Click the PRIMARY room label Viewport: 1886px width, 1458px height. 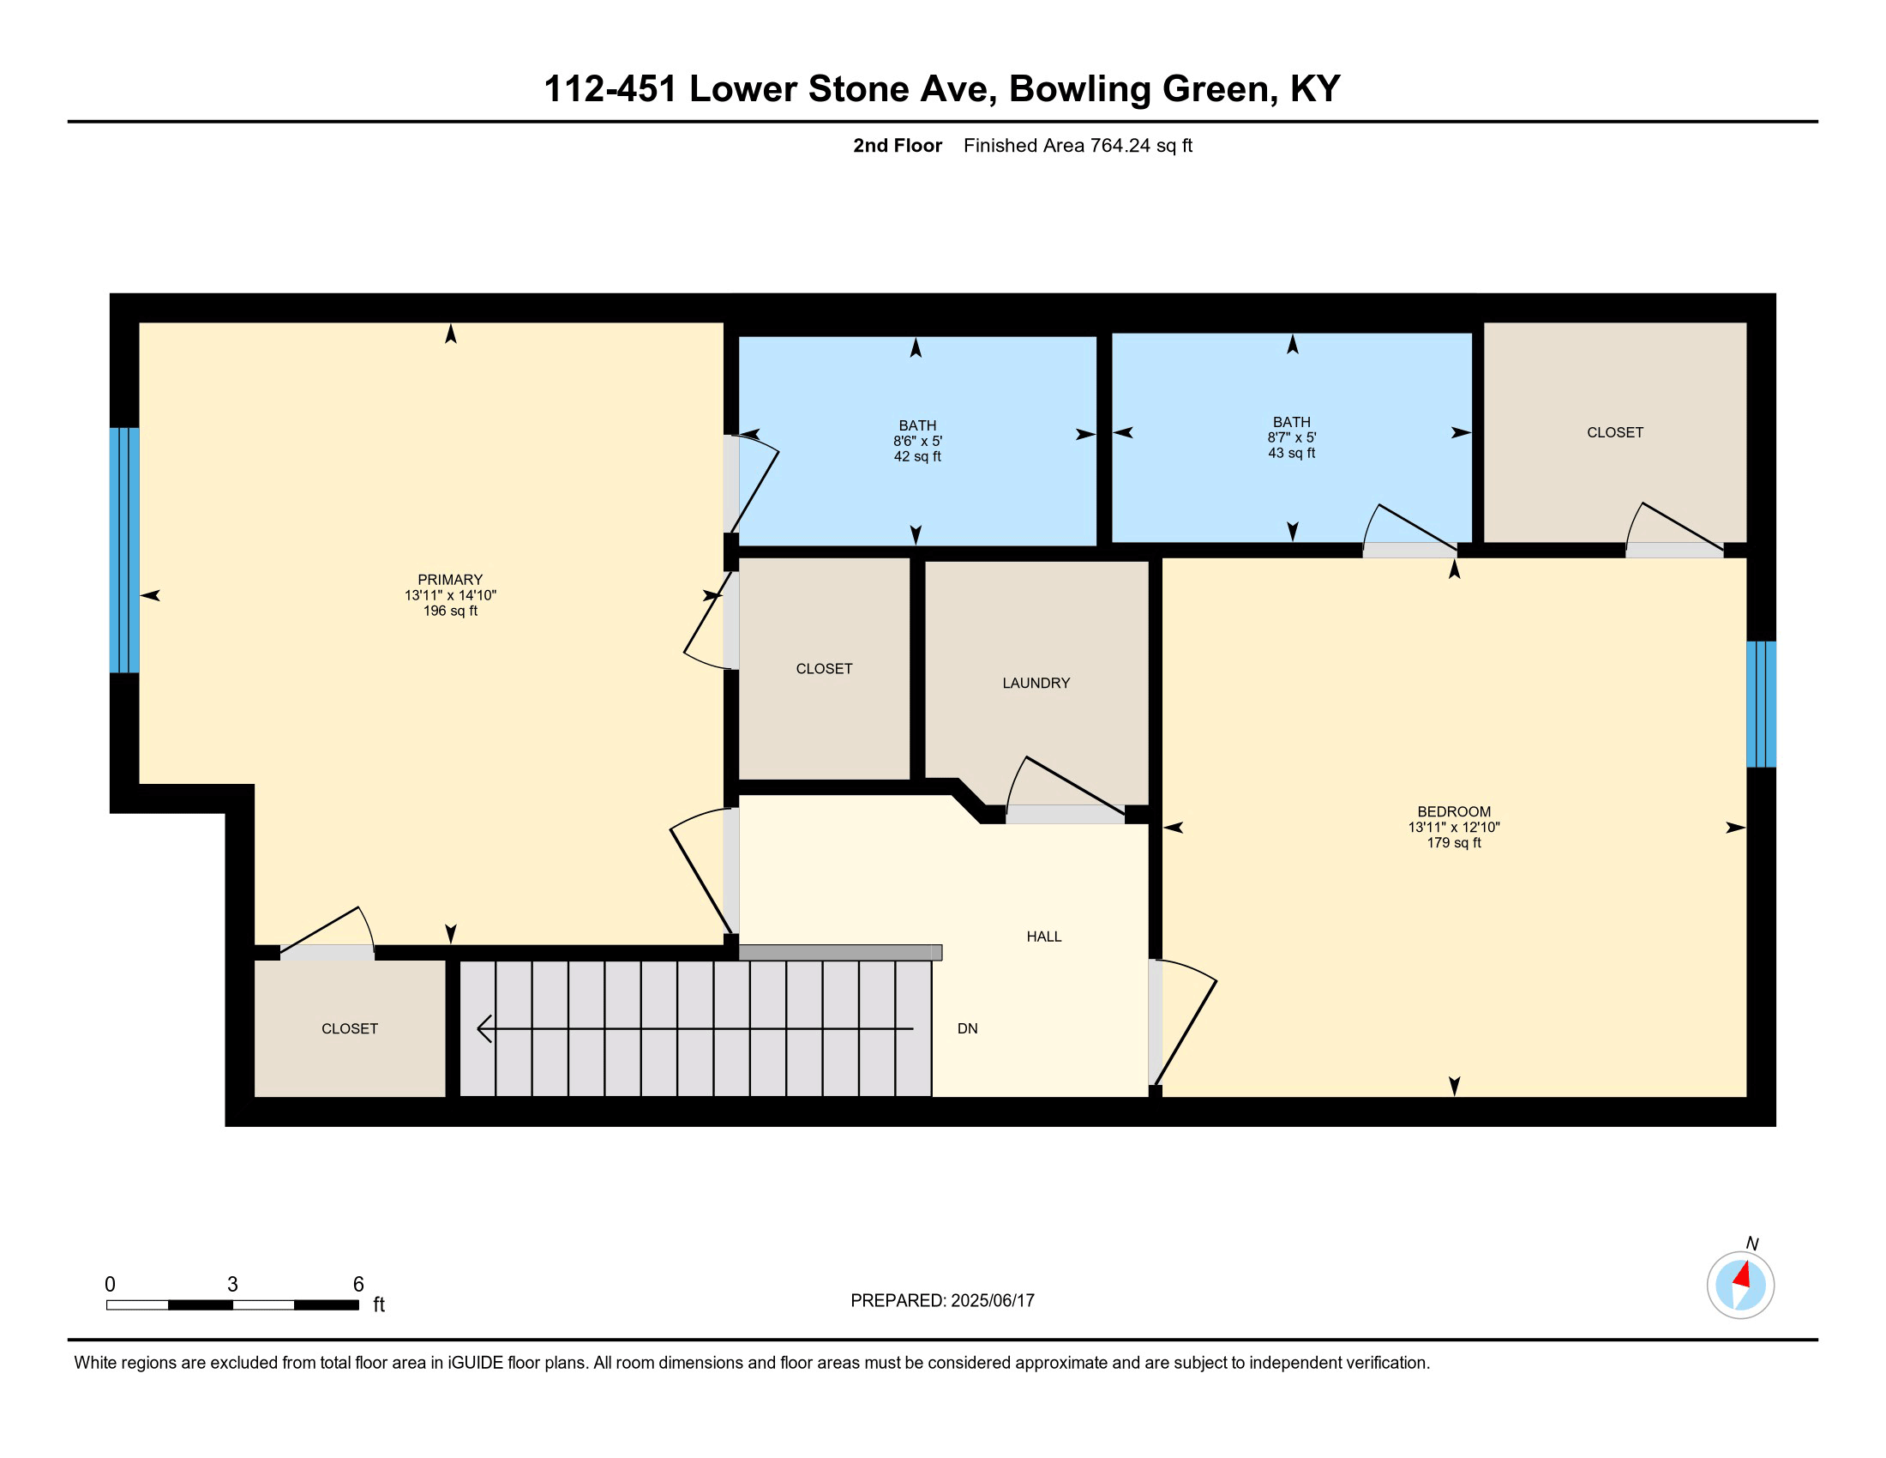[450, 580]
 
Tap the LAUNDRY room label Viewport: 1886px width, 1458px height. [1036, 684]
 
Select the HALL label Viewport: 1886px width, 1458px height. [1043, 937]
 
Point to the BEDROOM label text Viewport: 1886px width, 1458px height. [1453, 812]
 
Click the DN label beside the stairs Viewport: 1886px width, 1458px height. [967, 1028]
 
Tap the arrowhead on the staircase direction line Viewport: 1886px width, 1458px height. [484, 1028]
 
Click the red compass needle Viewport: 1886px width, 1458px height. [1741, 1274]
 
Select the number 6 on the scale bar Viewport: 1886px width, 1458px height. [358, 1285]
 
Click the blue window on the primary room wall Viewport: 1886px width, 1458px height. [124, 551]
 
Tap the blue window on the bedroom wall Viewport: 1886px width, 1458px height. [1761, 704]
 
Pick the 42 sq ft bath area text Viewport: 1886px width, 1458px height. [916, 456]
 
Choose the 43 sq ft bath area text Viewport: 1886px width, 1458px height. [1291, 453]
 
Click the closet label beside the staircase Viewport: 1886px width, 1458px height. [350, 1028]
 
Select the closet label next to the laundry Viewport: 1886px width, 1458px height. [824, 669]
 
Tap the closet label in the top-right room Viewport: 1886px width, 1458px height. [1615, 433]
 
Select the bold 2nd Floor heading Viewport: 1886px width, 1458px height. [898, 146]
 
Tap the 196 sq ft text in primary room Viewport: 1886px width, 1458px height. [450, 611]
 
